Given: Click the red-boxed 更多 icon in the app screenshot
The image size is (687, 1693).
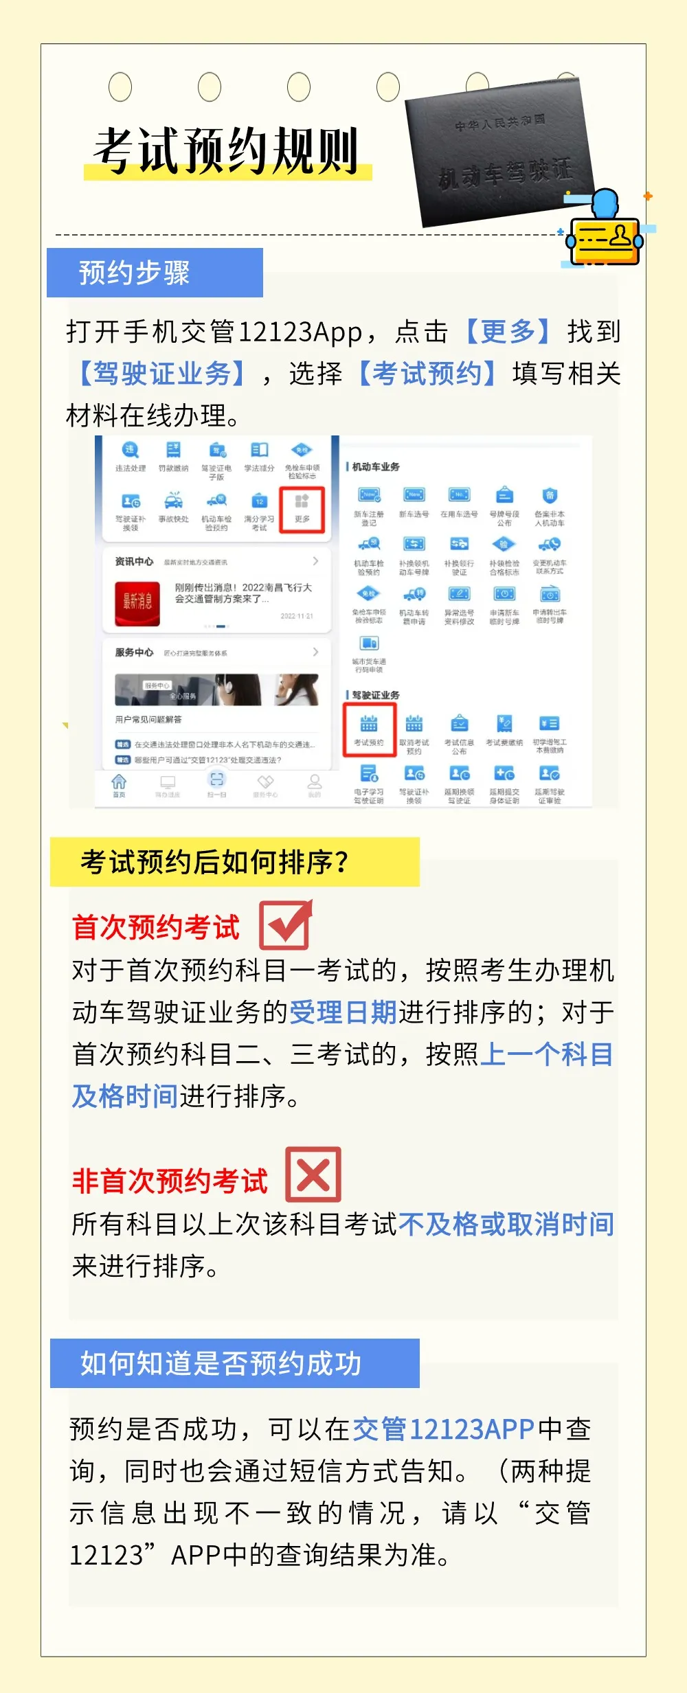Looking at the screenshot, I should (302, 509).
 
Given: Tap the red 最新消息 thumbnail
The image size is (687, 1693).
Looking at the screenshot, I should (137, 603).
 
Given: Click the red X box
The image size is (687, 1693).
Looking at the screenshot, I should (313, 1174).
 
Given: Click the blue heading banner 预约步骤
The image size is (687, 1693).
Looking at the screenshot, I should (155, 273).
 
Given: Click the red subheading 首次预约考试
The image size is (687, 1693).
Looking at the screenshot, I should (156, 927).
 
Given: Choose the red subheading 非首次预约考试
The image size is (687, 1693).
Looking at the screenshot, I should (170, 1181).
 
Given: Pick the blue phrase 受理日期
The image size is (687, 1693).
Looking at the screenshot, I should (343, 1012).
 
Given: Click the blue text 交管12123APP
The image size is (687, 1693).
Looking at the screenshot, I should (443, 1429).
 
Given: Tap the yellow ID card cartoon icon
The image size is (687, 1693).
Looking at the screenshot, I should (605, 234).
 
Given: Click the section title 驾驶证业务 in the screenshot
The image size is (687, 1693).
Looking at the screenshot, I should (376, 695).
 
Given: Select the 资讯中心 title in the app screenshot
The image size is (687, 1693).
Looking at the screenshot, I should (134, 561).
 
